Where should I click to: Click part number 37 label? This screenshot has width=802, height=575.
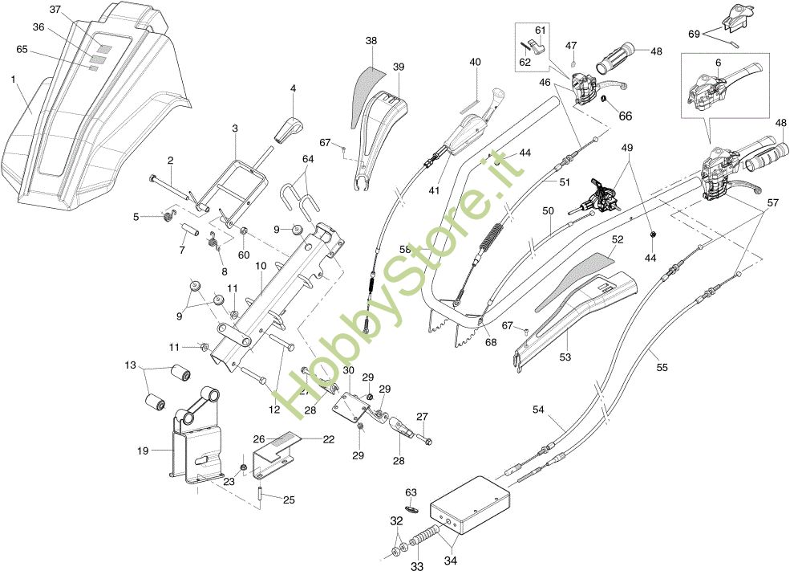click(x=55, y=10)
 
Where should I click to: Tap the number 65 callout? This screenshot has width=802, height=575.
click(x=22, y=50)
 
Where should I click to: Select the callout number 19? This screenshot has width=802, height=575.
click(x=144, y=451)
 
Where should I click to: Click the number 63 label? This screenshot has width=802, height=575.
click(x=411, y=491)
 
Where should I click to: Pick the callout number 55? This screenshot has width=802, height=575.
click(x=662, y=368)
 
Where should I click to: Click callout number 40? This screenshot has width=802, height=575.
click(x=476, y=62)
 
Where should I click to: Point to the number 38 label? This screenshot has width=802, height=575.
click(x=371, y=40)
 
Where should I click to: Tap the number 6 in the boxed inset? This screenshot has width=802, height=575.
click(x=718, y=63)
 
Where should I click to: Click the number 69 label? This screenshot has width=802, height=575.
click(x=695, y=34)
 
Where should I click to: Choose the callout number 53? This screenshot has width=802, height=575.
click(x=565, y=357)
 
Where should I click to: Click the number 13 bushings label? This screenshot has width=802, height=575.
click(x=131, y=365)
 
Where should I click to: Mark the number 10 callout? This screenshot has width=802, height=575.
click(x=261, y=266)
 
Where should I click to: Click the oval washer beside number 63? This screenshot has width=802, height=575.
click(x=411, y=508)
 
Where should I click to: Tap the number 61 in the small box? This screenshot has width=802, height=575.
click(x=541, y=31)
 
